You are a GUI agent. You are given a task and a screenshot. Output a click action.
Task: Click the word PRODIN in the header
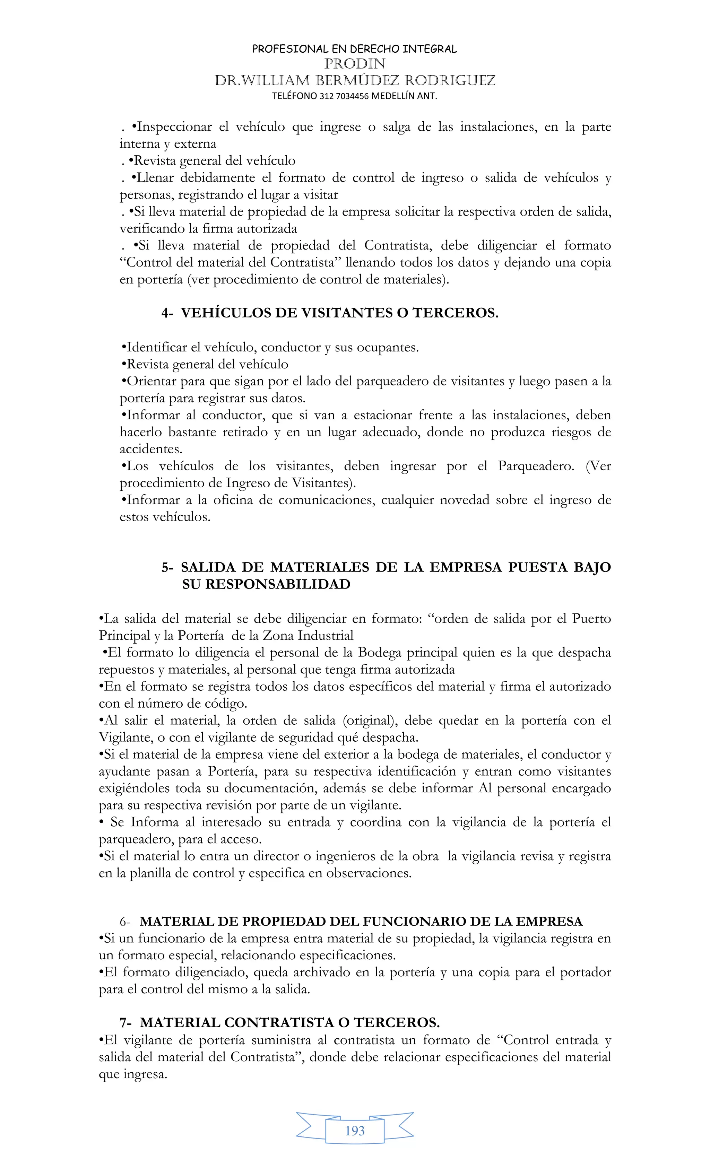point(355,63)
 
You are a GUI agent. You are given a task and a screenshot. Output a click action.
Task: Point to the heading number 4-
point(167,313)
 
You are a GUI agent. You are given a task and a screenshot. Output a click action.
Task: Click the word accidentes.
point(151,449)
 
